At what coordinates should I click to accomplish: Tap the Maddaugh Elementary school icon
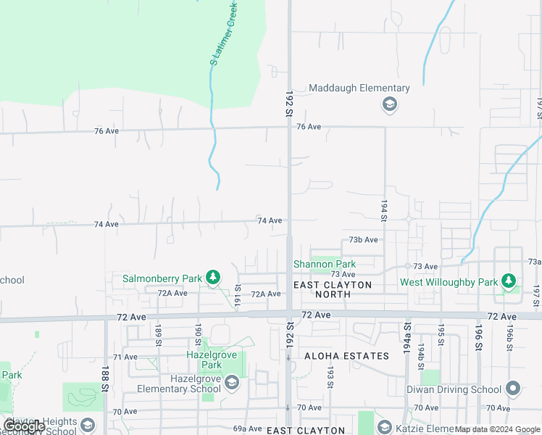click(390, 104)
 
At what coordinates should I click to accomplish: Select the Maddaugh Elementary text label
click(359, 88)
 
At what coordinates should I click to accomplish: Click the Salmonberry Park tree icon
click(212, 278)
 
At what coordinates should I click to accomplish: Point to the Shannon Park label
click(324, 265)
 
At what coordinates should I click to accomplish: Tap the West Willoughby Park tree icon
click(509, 281)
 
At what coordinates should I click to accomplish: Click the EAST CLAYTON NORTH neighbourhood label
click(333, 289)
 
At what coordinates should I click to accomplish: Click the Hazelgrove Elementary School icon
click(231, 383)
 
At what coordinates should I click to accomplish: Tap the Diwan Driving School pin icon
click(513, 389)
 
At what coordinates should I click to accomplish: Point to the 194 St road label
click(383, 207)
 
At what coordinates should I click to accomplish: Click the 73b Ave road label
click(363, 239)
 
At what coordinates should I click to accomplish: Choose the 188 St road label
click(105, 376)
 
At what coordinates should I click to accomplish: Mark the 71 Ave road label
click(125, 357)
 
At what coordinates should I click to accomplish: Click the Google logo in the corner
click(24, 426)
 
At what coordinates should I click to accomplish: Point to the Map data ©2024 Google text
click(498, 430)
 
